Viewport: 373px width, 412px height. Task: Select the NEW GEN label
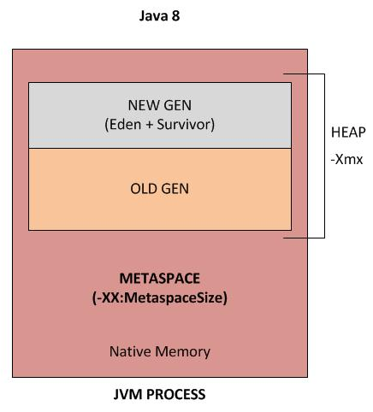[x=160, y=106]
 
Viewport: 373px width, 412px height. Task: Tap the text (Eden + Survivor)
[x=160, y=125]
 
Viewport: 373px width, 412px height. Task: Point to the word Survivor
[x=189, y=125]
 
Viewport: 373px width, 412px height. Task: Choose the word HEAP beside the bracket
[x=347, y=133]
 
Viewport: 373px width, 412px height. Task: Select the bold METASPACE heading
[x=160, y=280]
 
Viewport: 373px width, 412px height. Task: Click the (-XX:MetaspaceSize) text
[x=160, y=299]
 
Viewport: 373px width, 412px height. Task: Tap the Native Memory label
[x=160, y=351]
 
